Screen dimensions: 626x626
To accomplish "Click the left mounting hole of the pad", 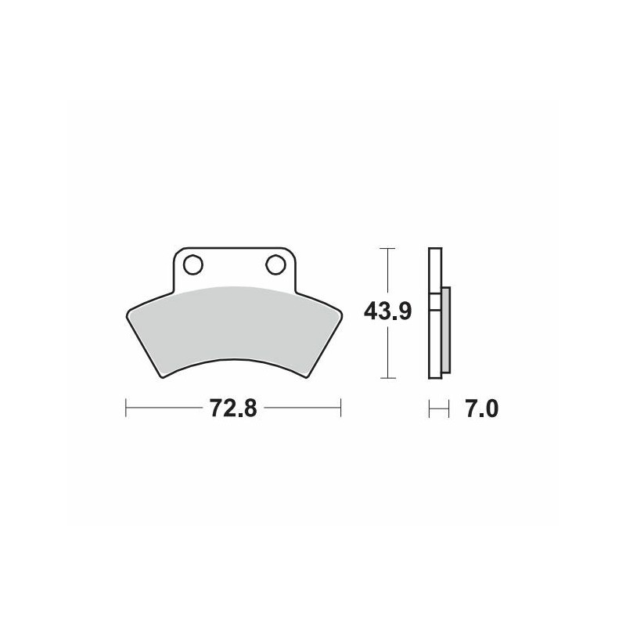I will coord(192,264).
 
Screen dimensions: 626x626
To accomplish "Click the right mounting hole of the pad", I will coord(275,264).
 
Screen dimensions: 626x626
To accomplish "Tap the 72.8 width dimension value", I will coord(233,409).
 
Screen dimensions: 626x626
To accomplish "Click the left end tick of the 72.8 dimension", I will coord(127,408).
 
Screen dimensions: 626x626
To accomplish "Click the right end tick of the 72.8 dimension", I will coord(340,408).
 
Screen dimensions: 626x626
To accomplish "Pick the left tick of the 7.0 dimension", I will coord(429,408).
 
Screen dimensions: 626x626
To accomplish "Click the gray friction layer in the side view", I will coord(446,329).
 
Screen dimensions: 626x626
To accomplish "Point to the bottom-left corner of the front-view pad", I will coord(162,377).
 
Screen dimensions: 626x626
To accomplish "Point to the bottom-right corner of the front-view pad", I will coord(306,377).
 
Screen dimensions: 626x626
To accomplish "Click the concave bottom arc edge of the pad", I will coord(233,358).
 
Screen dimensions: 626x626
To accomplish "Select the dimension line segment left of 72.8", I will coord(164,408).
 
